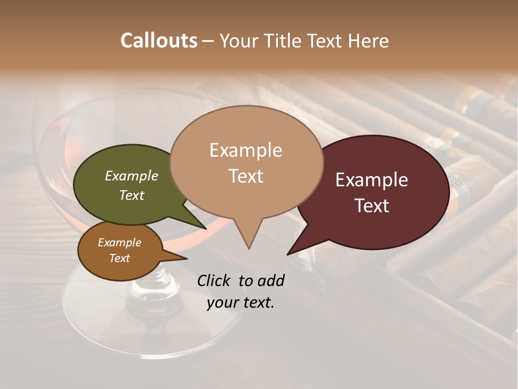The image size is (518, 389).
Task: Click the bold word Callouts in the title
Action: [159, 41]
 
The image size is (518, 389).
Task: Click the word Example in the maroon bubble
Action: [372, 180]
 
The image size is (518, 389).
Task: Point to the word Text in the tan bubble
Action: [246, 176]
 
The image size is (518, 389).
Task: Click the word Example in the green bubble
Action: [131, 176]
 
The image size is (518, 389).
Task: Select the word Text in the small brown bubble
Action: [119, 258]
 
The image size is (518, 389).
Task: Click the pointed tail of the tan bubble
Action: [248, 240]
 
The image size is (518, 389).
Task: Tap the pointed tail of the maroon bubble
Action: [294, 249]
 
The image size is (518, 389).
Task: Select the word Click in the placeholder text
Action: [214, 281]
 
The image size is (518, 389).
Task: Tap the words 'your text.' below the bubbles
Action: [241, 303]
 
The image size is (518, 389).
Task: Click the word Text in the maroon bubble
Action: [372, 206]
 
